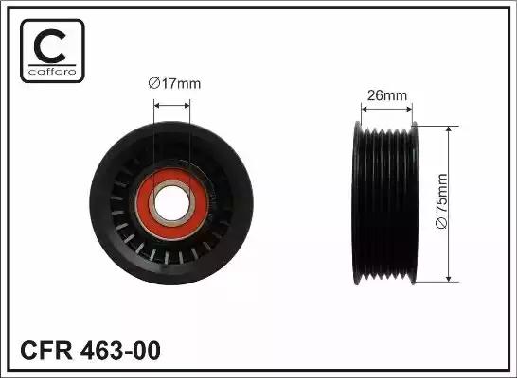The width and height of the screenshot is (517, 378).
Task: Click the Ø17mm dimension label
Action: [x=176, y=83]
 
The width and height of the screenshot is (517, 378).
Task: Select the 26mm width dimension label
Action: [x=387, y=94]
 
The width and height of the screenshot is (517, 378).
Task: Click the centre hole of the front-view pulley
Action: [x=173, y=200]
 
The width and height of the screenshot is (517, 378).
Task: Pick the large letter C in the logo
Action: [x=50, y=43]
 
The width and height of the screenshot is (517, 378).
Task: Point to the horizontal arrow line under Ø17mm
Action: [x=172, y=98]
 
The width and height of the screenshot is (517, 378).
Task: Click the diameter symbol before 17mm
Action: [x=154, y=83]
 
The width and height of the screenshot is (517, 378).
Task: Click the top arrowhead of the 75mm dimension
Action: [x=447, y=128]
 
